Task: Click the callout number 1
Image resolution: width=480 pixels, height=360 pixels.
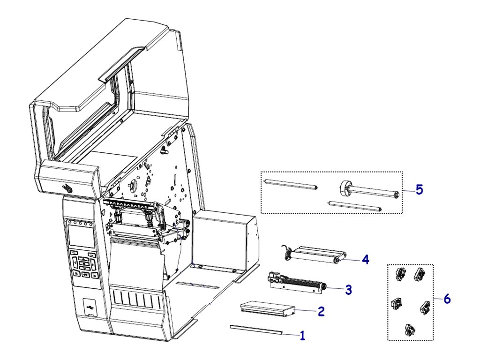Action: click(x=302, y=336)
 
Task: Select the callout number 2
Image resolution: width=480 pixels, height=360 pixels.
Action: click(x=321, y=311)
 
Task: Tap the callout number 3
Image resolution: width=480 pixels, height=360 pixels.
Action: click(x=348, y=290)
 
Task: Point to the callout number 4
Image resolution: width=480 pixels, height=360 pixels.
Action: click(x=365, y=259)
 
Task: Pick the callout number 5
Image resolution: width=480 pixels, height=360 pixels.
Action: click(x=419, y=190)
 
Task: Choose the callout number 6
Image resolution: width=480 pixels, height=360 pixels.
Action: click(x=447, y=299)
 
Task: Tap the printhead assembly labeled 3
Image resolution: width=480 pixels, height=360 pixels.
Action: click(x=295, y=284)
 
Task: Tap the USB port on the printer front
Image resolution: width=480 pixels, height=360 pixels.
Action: click(x=89, y=307)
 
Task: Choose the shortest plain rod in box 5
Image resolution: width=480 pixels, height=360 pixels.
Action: click(x=354, y=206)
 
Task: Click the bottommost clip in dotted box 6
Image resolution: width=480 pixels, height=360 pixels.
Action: click(x=409, y=330)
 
